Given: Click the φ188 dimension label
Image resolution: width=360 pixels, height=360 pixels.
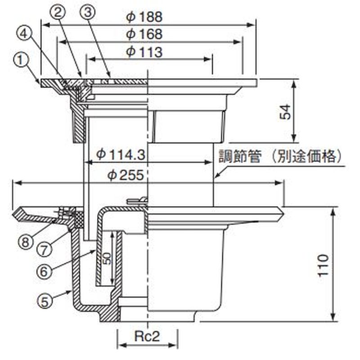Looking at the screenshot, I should (x=144, y=17).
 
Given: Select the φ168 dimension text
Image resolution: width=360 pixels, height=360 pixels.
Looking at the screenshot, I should (x=144, y=34).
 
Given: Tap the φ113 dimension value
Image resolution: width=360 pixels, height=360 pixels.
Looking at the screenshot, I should (x=144, y=52).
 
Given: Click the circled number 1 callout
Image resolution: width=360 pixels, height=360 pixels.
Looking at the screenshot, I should (x=19, y=58).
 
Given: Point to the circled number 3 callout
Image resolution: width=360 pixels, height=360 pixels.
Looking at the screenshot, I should (x=89, y=12).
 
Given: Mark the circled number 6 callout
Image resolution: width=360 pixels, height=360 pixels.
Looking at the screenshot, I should (x=43, y=271).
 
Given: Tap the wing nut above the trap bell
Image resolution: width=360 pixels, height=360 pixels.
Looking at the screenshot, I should (x=138, y=201).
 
